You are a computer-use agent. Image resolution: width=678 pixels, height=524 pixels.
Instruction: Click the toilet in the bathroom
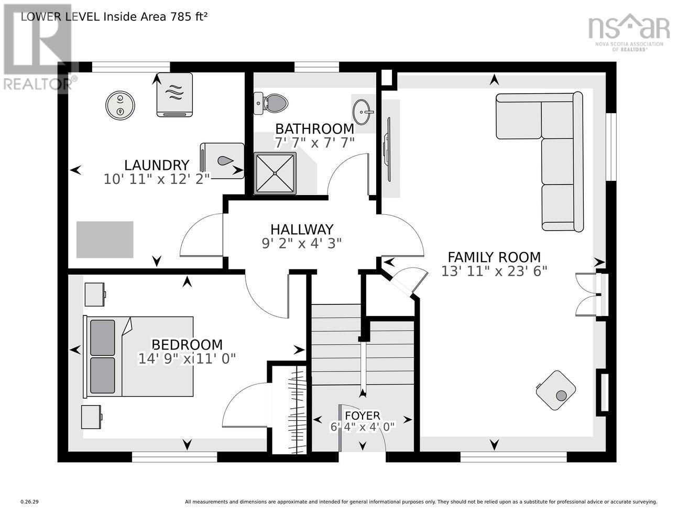point(271,103)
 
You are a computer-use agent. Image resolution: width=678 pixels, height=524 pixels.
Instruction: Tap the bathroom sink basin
point(363,111)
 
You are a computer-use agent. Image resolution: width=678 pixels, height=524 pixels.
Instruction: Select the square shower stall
point(275,173)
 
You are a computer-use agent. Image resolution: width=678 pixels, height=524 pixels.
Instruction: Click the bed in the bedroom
point(139,356)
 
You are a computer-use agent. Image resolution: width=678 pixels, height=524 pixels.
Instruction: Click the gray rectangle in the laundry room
point(105,239)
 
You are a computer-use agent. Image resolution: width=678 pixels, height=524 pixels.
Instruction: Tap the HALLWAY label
point(301,230)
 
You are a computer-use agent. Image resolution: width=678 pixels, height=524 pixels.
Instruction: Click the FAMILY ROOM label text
point(494,257)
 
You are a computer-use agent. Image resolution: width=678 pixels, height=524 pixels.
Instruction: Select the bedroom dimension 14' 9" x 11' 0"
point(187,358)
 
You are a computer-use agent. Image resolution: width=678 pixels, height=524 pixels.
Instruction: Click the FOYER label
point(362,416)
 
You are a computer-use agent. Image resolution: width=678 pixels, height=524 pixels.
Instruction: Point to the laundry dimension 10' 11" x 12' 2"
point(156,179)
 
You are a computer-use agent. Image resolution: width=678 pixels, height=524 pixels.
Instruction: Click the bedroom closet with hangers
point(297,409)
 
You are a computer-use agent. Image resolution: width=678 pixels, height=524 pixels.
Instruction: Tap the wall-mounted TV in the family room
point(388,150)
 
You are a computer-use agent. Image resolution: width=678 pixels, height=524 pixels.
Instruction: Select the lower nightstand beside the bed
point(92,417)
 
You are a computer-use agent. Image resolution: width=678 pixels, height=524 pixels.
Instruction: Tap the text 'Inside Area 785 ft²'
point(156,16)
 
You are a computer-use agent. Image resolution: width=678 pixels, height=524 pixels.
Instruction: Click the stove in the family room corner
point(556,391)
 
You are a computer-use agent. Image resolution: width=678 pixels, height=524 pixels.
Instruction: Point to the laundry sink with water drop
point(222,161)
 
